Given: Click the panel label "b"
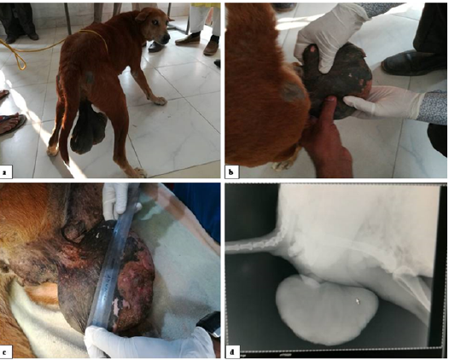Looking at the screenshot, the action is point(231,172).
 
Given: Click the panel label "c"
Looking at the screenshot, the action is point(4,352).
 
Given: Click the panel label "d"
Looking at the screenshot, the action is point(231,352).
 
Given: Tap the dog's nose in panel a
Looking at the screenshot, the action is point(166,38).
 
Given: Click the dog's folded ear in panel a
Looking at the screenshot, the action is point(143,15).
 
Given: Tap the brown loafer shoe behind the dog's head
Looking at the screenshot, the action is point(188,39).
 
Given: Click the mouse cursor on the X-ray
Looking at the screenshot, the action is point(358,301).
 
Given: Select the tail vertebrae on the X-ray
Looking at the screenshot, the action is point(252,244).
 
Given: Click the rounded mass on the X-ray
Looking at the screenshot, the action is point(327,309).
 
